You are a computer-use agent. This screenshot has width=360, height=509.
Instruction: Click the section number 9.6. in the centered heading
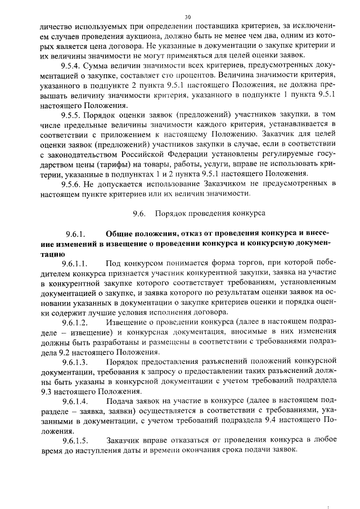click(x=139, y=214)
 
